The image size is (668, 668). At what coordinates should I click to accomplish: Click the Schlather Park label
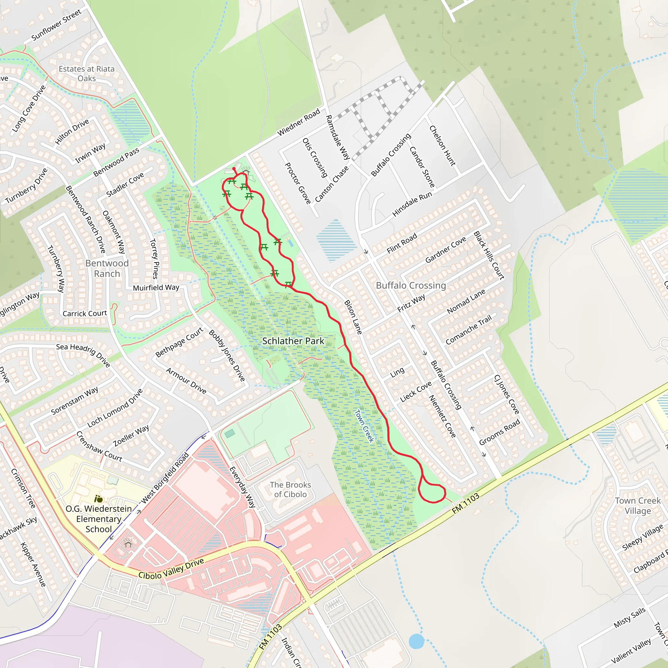point(293,341)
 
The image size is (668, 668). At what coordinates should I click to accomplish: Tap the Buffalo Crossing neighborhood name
point(411,285)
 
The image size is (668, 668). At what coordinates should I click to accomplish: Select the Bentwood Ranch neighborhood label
point(107,268)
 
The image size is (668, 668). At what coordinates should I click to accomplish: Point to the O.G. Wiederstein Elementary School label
point(99,519)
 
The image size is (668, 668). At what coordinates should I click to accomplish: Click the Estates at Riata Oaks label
point(86,74)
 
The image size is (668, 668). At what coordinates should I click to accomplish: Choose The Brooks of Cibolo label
point(290,490)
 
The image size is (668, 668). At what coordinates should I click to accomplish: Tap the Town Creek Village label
point(638,506)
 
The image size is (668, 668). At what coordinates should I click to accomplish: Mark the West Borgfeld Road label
point(165,478)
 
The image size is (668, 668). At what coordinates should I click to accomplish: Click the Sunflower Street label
point(56,25)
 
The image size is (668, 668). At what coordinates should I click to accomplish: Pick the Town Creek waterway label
point(364,426)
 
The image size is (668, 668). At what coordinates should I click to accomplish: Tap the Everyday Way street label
point(242,487)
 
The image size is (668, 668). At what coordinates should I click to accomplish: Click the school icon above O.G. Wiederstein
point(99,499)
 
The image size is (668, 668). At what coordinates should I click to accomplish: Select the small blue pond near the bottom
point(416,641)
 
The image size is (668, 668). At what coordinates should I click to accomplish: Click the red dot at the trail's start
point(234,169)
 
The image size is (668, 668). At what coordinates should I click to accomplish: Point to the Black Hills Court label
point(489,255)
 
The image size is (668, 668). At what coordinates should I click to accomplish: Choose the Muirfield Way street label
point(156,288)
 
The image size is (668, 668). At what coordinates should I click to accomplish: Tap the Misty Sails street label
point(629,617)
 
